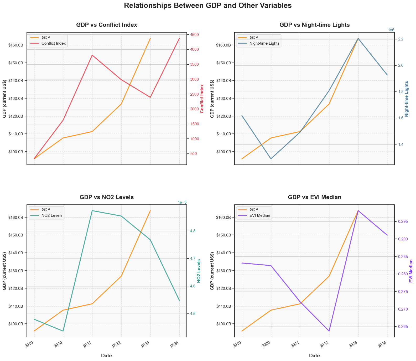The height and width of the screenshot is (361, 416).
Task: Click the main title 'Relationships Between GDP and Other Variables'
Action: pyautogui.click(x=208, y=6)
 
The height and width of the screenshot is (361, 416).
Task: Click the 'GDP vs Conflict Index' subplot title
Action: pyautogui.click(x=107, y=25)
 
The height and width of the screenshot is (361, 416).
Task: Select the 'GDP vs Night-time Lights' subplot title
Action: pyautogui.click(x=314, y=25)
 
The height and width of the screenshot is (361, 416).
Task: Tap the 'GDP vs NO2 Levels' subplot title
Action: pyautogui.click(x=107, y=197)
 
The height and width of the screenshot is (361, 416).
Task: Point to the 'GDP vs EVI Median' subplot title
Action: pyautogui.click(x=314, y=197)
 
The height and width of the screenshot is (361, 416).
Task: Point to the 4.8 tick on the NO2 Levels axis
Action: pyautogui.click(x=192, y=231)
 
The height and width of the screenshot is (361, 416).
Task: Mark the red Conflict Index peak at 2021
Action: pyautogui.click(x=92, y=55)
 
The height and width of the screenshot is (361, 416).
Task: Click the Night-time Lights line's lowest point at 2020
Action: pyautogui.click(x=271, y=159)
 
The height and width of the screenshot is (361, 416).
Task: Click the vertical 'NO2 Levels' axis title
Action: pyautogui.click(x=199, y=271)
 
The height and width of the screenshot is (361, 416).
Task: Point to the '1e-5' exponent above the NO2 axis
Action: pyautogui.click(x=182, y=202)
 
